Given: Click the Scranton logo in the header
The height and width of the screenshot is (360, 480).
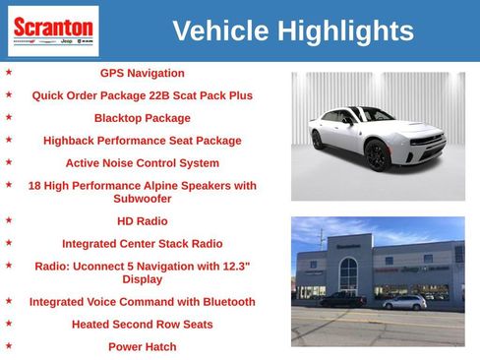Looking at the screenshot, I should tap(53, 30).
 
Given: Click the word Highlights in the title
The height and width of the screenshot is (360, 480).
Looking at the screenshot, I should tap(345, 31).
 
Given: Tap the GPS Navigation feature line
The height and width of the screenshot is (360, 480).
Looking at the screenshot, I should tap(142, 73).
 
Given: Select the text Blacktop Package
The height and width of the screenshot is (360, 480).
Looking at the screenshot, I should tap(142, 118).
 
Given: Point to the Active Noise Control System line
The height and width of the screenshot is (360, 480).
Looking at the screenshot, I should tap(142, 163).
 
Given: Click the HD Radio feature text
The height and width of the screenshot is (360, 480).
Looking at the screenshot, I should tap(142, 221).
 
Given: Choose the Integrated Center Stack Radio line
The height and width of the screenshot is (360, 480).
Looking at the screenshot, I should tap(142, 243).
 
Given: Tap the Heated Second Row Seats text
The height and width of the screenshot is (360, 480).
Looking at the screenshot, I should tap(142, 324).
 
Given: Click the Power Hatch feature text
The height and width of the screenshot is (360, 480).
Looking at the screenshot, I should tap(142, 346).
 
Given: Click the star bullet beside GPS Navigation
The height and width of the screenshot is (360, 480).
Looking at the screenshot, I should tap(9, 72).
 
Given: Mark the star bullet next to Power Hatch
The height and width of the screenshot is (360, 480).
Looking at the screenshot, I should tap(9, 345).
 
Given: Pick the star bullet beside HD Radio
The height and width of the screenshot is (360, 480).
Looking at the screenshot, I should tap(9, 220).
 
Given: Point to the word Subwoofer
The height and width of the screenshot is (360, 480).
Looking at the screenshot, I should tap(142, 199).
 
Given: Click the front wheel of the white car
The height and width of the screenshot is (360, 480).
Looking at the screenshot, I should tap(377, 154).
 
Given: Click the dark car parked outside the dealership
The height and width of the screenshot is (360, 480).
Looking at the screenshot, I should tap(342, 300).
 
